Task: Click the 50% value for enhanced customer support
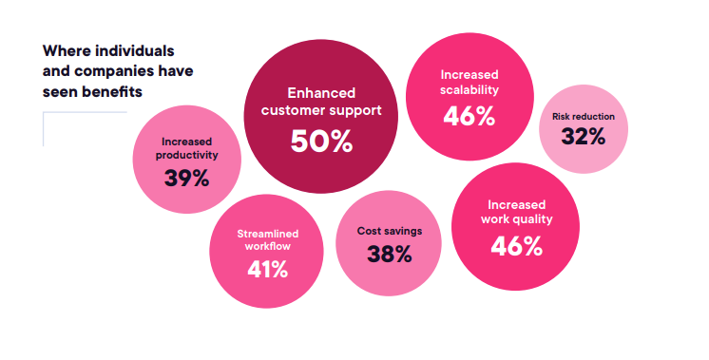[x=321, y=142]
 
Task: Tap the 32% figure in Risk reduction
[x=584, y=136]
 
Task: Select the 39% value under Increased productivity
[x=186, y=178]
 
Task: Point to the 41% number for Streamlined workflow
[x=267, y=270]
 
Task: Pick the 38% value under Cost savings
[x=390, y=254]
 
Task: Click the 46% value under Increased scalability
[x=469, y=116]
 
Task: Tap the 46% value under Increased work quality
[x=516, y=246]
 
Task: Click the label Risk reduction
[x=584, y=117]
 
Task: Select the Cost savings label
[x=390, y=231]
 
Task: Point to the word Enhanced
[x=321, y=93]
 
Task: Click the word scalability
[x=469, y=90]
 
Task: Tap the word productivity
[x=186, y=155]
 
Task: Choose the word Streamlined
[x=268, y=234]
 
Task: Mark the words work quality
[x=516, y=219]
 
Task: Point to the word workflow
[x=268, y=247]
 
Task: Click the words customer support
[x=321, y=111]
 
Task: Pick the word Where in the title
[x=66, y=50]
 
